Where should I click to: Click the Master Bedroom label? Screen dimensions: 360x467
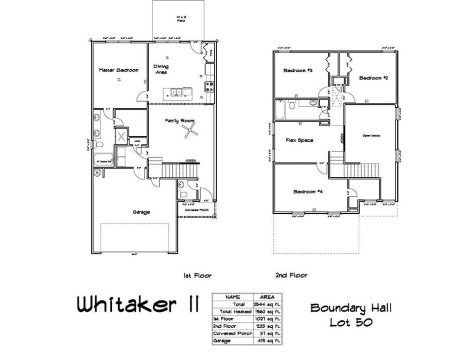[119, 70]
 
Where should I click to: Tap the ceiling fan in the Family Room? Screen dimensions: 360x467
[189, 131]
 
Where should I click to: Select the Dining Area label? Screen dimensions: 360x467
[161, 69]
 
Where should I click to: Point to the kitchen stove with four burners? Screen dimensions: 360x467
[210, 87]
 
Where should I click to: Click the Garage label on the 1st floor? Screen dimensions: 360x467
[141, 212]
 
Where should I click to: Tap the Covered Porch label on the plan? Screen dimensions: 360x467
[197, 210]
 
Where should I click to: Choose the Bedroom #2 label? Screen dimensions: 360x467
[373, 78]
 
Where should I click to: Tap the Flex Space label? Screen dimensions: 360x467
[299, 140]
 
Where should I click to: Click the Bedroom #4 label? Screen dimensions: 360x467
[308, 192]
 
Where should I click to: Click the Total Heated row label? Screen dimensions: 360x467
[233, 311]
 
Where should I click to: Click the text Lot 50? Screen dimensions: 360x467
[351, 322]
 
